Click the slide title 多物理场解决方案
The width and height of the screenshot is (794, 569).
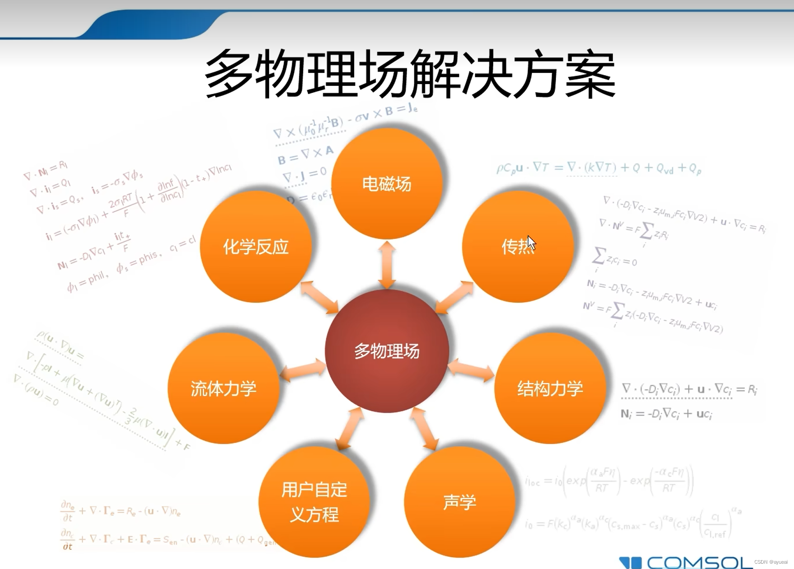pyautogui.click(x=410, y=74)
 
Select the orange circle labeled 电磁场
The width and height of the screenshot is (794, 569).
pyautogui.click(x=387, y=184)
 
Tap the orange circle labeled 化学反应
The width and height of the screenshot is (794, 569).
pyautogui.click(x=256, y=247)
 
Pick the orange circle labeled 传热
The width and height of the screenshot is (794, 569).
pyautogui.click(x=518, y=247)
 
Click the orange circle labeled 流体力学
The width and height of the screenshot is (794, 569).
pyautogui.click(x=223, y=389)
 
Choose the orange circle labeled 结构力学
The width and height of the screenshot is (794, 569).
pyautogui.click(x=550, y=389)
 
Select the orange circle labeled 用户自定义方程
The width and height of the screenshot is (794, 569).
pyautogui.click(x=314, y=502)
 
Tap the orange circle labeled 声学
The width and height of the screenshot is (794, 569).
pyautogui.click(x=459, y=502)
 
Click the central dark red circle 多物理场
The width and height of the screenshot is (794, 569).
pyautogui.click(x=387, y=351)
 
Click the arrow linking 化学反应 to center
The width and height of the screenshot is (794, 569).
pyautogui.click(x=320, y=298)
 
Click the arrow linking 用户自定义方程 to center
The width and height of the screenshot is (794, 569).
pyautogui.click(x=350, y=429)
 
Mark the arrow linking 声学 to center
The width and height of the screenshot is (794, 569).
pyautogui.click(x=424, y=429)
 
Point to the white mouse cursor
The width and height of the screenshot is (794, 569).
pyautogui.click(x=531, y=243)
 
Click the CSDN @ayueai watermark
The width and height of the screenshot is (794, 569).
pyautogui.click(x=771, y=562)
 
